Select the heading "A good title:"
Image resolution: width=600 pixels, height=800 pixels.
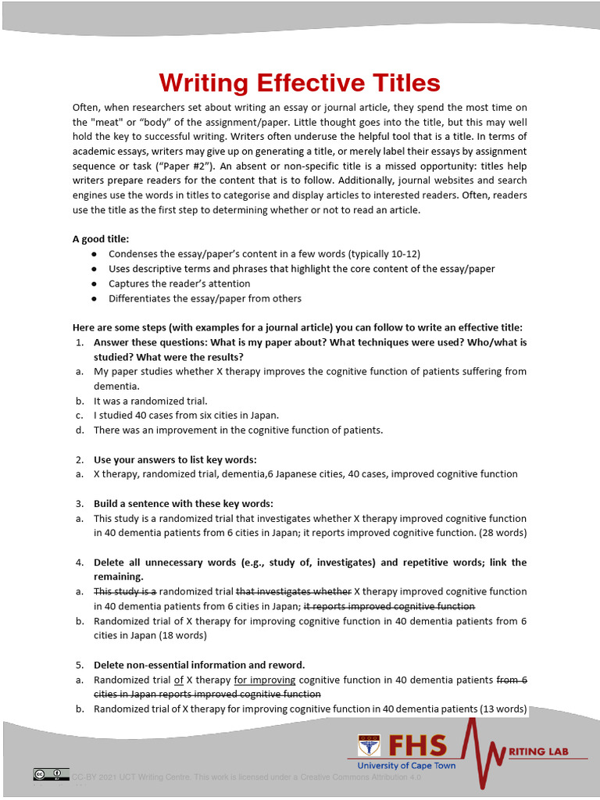101,239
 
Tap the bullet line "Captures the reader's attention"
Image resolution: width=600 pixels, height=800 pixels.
179,284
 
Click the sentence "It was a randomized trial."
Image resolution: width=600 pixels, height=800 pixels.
150,401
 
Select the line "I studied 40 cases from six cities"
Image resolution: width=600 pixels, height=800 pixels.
186,416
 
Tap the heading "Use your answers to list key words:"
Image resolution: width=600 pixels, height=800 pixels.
175,459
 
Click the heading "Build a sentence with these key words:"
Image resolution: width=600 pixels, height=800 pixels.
184,504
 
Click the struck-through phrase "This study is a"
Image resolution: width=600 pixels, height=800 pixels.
125,591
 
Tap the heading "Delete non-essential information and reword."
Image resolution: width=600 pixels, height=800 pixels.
199,665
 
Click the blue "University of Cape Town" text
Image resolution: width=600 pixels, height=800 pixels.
406,766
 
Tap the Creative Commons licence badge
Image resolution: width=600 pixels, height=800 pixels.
51,774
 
